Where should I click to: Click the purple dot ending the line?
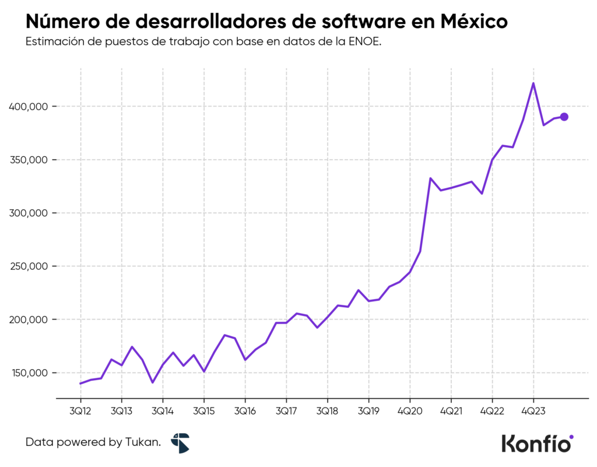coord(564,117)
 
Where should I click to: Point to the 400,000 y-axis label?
coord(29,107)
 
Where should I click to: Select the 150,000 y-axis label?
coord(29,373)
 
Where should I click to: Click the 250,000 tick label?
coord(29,266)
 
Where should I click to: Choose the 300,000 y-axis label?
coord(29,213)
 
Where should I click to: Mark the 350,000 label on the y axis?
coord(29,160)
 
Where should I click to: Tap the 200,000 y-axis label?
coord(29,319)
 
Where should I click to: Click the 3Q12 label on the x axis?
coord(80,410)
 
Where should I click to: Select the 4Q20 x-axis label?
coord(410,410)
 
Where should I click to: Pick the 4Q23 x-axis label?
coord(533,410)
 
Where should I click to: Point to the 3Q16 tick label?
coord(245,410)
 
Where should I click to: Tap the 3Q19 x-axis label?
coord(368,410)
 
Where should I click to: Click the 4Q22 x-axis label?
coord(492,410)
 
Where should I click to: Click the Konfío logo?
coord(537,443)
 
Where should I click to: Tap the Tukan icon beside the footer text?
coord(180,443)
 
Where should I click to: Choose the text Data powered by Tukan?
coord(93,443)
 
